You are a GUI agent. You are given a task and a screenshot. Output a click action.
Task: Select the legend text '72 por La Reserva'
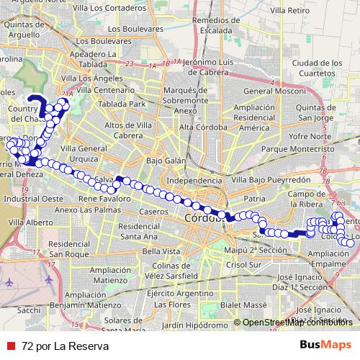[65, 346]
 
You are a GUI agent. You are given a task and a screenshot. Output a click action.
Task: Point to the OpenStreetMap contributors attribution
[297, 323]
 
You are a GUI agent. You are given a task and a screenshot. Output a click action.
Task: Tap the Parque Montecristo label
[294, 149]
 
